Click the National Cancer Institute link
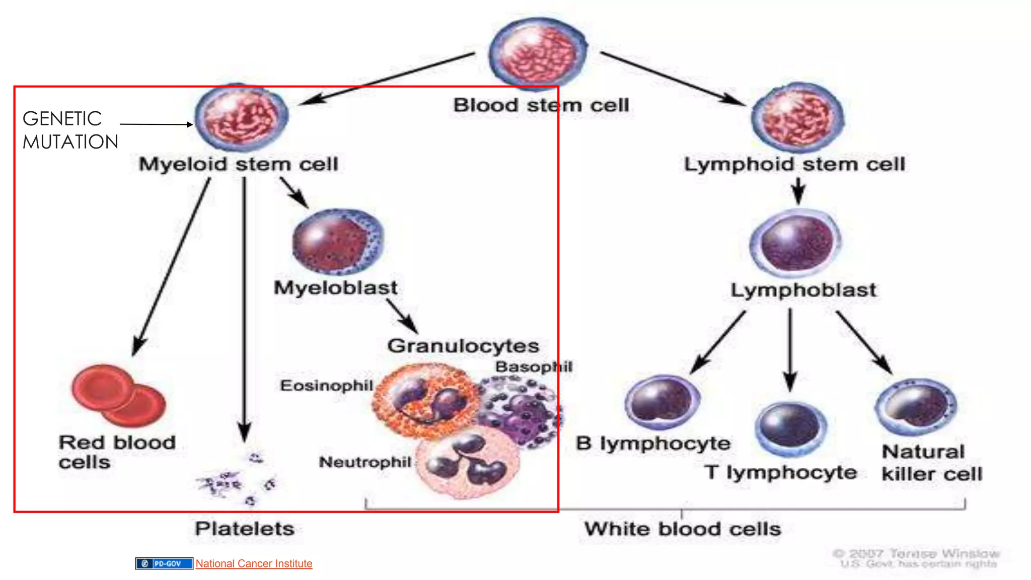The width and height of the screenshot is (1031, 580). click(254, 563)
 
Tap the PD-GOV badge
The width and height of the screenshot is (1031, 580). click(164, 563)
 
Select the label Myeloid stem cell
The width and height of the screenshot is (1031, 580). click(238, 164)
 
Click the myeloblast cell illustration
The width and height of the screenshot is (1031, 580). click(337, 242)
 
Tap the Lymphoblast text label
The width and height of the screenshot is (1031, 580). click(803, 290)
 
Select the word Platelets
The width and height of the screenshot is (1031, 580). click(245, 529)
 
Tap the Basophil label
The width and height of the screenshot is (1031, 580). click(534, 367)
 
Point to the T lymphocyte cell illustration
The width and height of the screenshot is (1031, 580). click(790, 428)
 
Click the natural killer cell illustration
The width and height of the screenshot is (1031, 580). click(916, 407)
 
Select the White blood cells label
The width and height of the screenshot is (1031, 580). click(682, 529)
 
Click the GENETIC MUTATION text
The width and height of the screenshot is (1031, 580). click(70, 130)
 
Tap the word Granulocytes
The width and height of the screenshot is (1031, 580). click(463, 346)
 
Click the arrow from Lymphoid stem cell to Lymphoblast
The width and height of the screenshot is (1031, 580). click(798, 191)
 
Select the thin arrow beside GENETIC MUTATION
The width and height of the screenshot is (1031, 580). click(156, 124)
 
